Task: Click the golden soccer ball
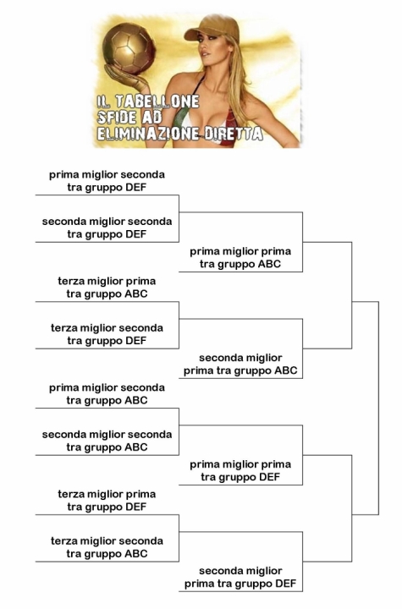129,48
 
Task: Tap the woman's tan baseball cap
207,28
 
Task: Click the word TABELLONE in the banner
157,101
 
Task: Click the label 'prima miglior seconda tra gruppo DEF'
107,181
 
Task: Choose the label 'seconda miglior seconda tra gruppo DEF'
107,228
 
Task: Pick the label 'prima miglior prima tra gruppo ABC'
240,257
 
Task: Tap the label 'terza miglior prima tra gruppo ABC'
107,288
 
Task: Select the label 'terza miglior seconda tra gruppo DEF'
107,334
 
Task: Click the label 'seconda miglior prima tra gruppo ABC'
240,364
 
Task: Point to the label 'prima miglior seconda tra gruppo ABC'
107,394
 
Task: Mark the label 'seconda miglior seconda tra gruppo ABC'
107,441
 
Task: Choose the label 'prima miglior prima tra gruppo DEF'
240,470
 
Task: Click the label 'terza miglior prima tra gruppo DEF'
107,500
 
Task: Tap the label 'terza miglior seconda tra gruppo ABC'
107,547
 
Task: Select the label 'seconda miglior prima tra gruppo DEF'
240,577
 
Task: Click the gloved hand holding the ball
126,76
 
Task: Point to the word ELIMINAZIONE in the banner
148,134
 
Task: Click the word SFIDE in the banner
117,118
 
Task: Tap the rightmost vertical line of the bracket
378,408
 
